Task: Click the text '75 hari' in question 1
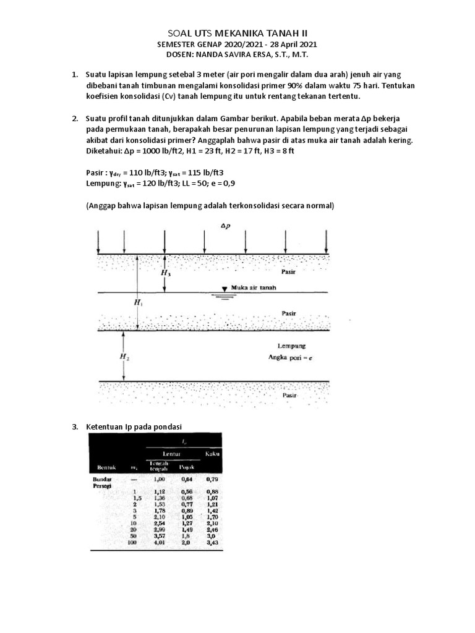click(364, 86)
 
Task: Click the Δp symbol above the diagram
click(225, 227)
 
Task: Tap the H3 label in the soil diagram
click(166, 272)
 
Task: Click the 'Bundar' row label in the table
click(102, 478)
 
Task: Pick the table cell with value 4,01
click(160, 543)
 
